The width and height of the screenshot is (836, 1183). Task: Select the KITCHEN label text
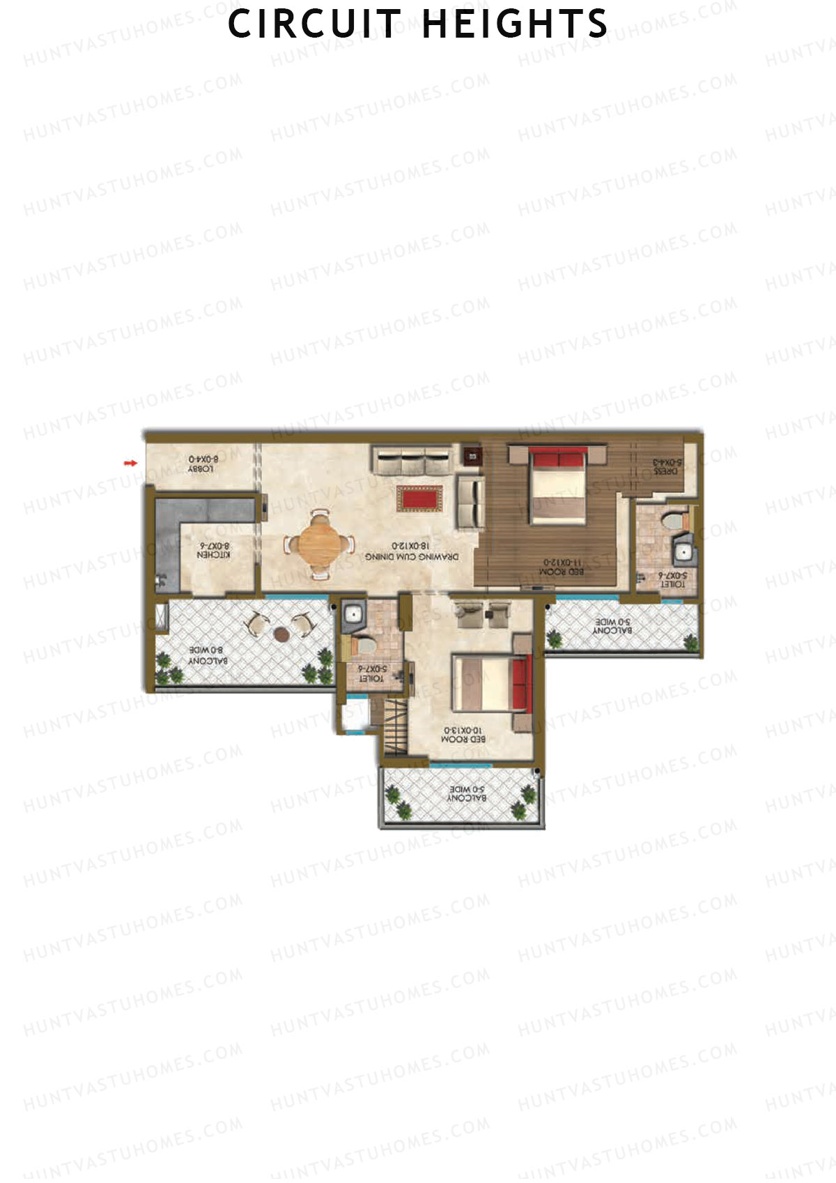tap(213, 550)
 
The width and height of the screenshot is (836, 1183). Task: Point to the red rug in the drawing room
tap(420, 498)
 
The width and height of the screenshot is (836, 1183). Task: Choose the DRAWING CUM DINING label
tap(412, 551)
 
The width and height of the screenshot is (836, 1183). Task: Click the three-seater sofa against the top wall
tap(411, 460)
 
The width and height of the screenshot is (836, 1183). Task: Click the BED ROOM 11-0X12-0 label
tap(561, 566)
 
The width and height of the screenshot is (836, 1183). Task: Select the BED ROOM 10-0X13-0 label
tap(463, 734)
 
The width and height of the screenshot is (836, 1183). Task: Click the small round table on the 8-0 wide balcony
tap(281, 634)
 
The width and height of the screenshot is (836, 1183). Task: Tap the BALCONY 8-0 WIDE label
tap(208, 655)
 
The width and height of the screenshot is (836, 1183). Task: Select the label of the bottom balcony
tap(466, 793)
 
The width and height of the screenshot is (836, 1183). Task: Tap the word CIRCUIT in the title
tap(315, 24)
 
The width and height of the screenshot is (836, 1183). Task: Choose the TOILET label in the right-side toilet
tap(672, 579)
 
